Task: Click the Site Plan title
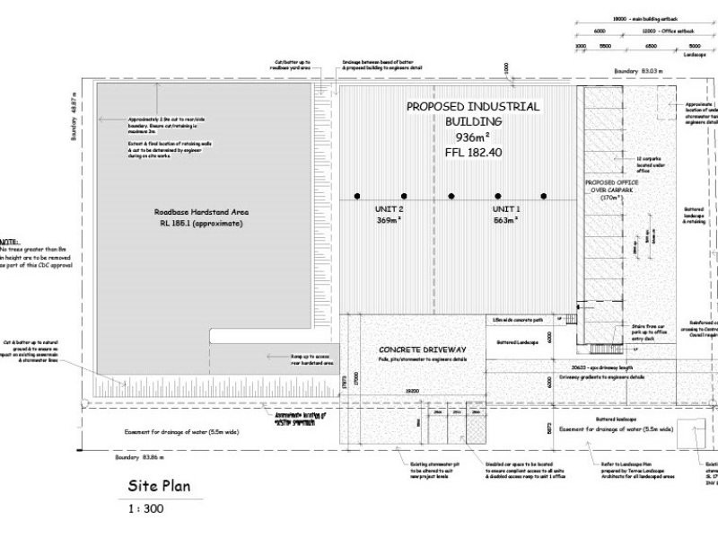click(155, 488)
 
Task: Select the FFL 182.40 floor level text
click(473, 153)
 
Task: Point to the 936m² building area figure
click(473, 137)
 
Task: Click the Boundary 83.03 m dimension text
click(638, 70)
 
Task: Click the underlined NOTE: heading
click(9, 243)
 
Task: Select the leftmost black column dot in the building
click(357, 195)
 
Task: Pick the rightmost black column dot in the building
click(543, 195)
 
